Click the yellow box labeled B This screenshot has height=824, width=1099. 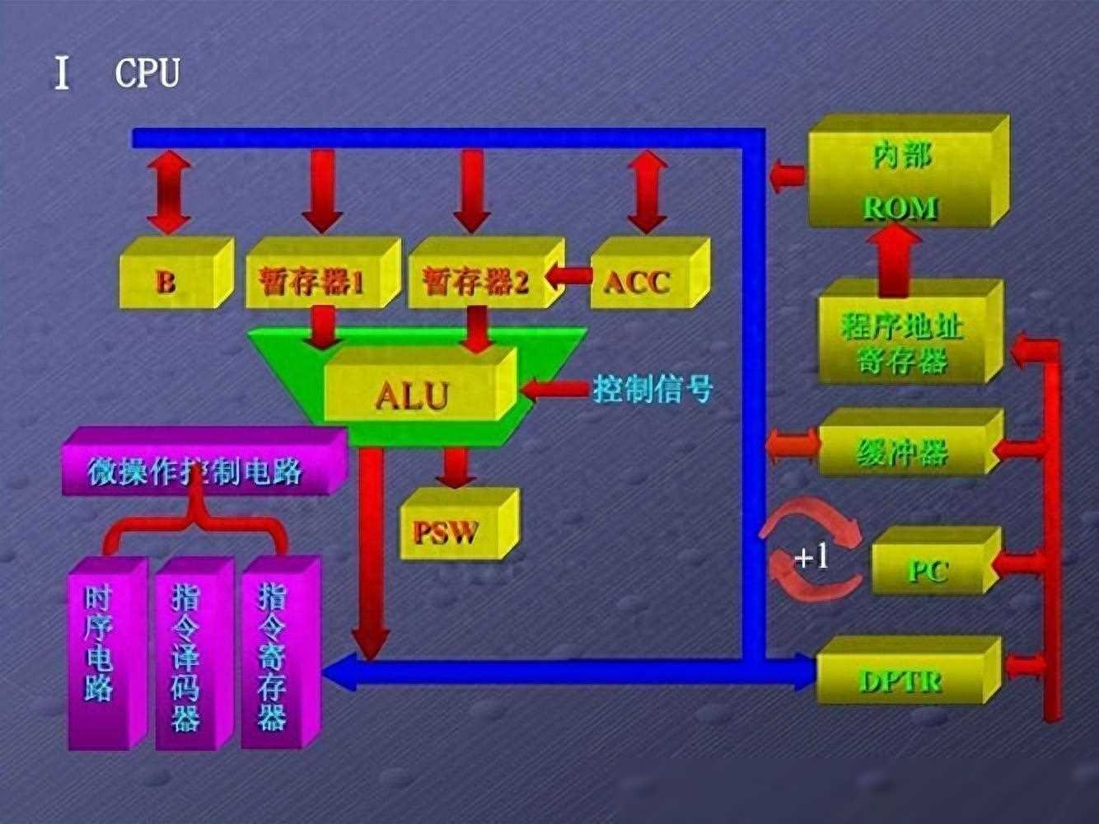176,273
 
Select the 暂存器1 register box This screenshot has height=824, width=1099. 323,273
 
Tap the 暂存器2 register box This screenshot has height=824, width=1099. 487,273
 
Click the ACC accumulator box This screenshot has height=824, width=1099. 650,273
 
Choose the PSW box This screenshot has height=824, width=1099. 460,523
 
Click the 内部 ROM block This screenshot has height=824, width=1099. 909,171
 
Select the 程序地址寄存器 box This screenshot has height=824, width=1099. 910,332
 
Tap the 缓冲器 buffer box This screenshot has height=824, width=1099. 910,442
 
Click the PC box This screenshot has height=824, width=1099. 937,560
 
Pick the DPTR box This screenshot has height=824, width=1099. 909,670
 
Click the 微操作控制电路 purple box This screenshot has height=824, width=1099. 204,461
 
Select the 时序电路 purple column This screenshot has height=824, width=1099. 108,653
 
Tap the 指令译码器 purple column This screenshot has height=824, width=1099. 194,653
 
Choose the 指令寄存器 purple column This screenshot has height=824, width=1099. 280,653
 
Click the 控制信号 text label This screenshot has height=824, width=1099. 652,388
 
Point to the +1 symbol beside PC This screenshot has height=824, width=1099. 811,556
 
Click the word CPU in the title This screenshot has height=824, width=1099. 147,73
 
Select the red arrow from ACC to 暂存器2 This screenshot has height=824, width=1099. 568,275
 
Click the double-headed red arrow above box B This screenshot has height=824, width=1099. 169,192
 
